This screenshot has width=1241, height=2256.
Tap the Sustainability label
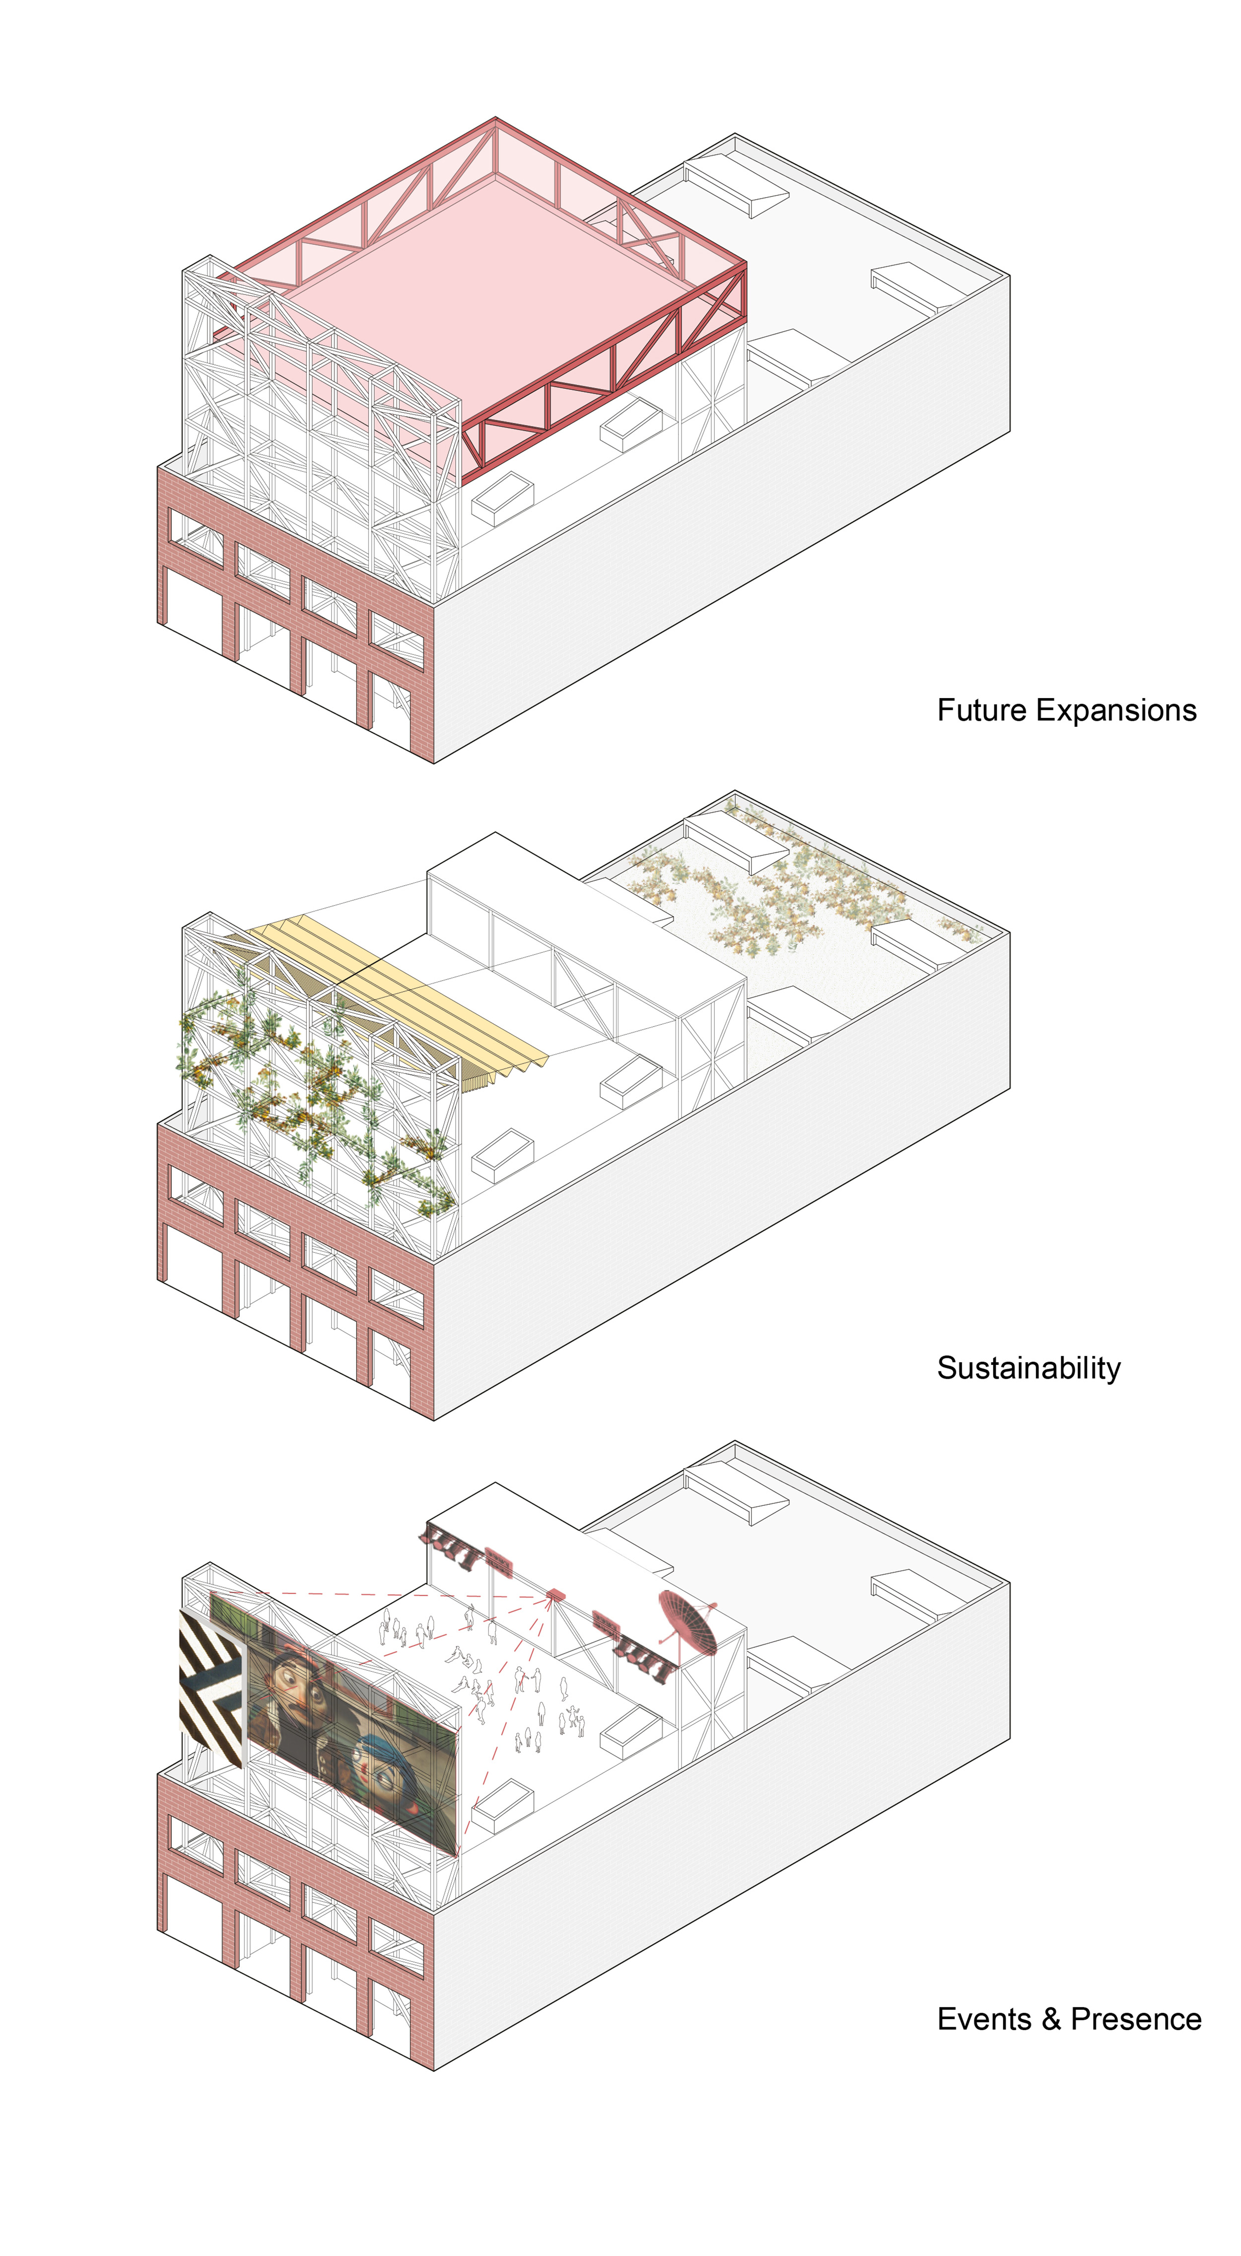pyautogui.click(x=1029, y=1368)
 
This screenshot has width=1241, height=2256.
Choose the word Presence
pyautogui.click(x=1136, y=2019)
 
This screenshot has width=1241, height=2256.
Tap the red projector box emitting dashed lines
pyautogui.click(x=555, y=1593)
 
